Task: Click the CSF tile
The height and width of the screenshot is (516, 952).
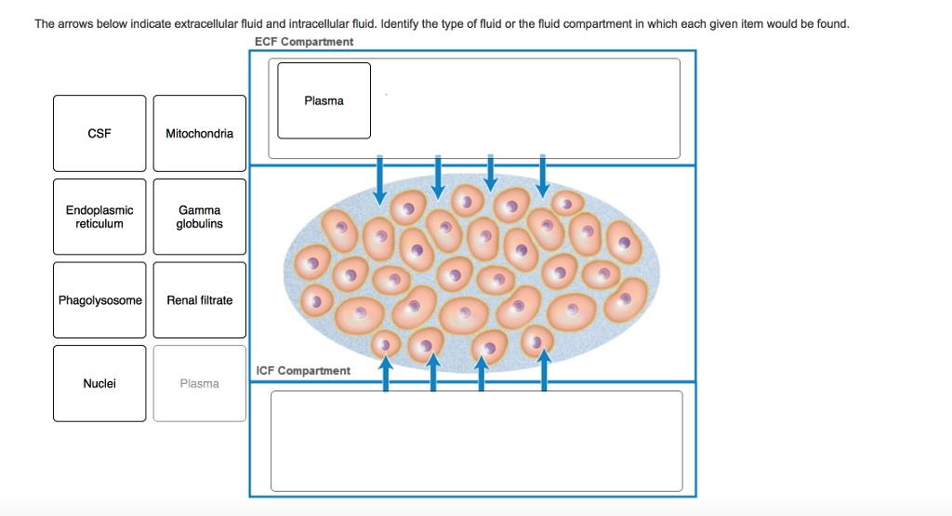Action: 99,134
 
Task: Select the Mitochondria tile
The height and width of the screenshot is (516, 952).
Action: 200,134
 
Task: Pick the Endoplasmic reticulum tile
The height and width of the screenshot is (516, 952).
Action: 99,217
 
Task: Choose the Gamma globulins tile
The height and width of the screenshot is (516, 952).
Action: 200,217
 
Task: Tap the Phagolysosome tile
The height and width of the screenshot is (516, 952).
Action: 99,300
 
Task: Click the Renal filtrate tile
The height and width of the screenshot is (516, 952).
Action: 200,300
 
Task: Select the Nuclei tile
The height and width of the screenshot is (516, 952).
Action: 99,383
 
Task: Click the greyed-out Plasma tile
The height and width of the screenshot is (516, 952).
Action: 200,383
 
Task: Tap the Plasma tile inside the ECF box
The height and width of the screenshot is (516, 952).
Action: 324,100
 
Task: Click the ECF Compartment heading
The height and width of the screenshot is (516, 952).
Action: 304,42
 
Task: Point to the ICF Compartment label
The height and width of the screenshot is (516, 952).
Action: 303,371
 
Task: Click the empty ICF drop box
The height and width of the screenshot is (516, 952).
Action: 476,441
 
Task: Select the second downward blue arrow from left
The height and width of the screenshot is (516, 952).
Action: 438,177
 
